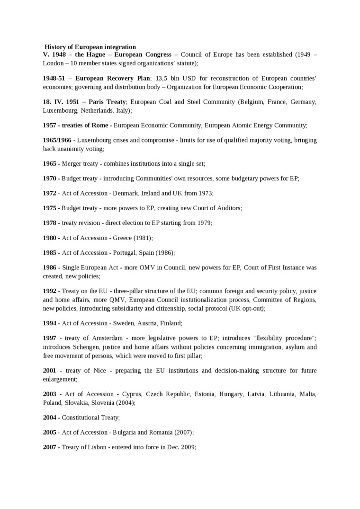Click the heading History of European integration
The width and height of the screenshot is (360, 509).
point(90,47)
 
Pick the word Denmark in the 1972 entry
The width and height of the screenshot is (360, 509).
point(125,193)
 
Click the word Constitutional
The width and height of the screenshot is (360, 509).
point(81,418)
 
